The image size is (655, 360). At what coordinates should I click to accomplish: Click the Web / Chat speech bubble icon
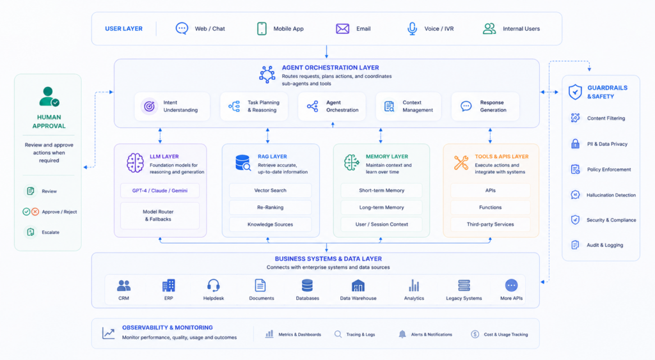pyautogui.click(x=182, y=28)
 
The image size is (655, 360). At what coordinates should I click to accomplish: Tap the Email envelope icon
pyautogui.click(x=343, y=28)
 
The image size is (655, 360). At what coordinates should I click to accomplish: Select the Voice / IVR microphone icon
pyautogui.click(x=412, y=29)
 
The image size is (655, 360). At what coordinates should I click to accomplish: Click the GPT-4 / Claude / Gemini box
pyautogui.click(x=160, y=191)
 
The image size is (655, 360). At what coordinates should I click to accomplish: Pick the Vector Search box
pyautogui.click(x=271, y=191)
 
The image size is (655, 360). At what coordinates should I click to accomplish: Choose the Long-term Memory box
pyautogui.click(x=381, y=207)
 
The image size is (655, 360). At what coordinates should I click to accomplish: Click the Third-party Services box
pyautogui.click(x=491, y=224)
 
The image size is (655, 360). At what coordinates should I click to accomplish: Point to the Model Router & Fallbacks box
pyautogui.click(x=160, y=215)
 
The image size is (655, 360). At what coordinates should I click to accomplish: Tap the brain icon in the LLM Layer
pyautogui.click(x=135, y=162)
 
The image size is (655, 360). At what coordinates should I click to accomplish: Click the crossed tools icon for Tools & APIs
pyautogui.click(x=461, y=163)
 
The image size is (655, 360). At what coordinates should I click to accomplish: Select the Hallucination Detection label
pyautogui.click(x=611, y=195)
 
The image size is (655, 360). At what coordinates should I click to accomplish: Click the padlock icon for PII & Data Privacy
pyautogui.click(x=575, y=144)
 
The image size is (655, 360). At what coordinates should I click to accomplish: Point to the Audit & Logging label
pyautogui.click(x=605, y=245)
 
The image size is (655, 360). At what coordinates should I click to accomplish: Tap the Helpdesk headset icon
pyautogui.click(x=214, y=286)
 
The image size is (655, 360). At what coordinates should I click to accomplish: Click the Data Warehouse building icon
pyautogui.click(x=358, y=286)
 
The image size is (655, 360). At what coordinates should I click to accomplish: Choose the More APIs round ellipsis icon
pyautogui.click(x=511, y=286)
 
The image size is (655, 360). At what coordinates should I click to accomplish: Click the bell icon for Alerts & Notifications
pyautogui.click(x=402, y=334)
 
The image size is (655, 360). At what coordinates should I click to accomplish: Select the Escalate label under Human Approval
pyautogui.click(x=51, y=232)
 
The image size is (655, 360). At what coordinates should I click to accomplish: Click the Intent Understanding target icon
pyautogui.click(x=149, y=107)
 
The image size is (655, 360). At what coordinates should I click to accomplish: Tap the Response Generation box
pyautogui.click(x=485, y=107)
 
